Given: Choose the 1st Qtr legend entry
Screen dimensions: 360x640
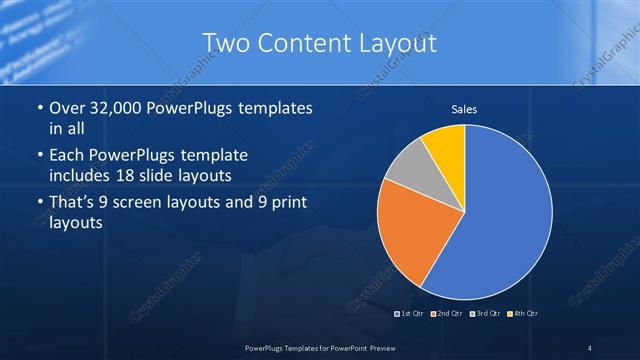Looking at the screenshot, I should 411,314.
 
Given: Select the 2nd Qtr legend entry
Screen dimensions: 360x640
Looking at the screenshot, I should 447,314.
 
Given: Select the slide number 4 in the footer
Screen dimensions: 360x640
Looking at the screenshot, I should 590,348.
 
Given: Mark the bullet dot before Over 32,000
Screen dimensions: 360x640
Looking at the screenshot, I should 38,107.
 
